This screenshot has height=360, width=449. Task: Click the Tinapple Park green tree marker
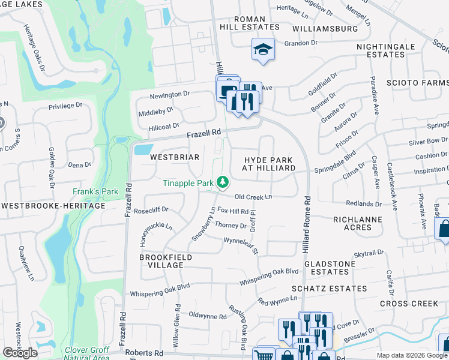[223, 181]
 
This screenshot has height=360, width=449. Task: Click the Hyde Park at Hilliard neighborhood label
[269, 164]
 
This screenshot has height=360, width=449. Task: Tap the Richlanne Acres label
[358, 223]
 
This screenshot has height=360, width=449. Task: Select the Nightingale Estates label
[389, 50]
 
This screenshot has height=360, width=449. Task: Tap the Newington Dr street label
[169, 94]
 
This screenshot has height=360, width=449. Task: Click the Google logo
[20, 353]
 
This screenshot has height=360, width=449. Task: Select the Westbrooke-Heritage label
[53, 205]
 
